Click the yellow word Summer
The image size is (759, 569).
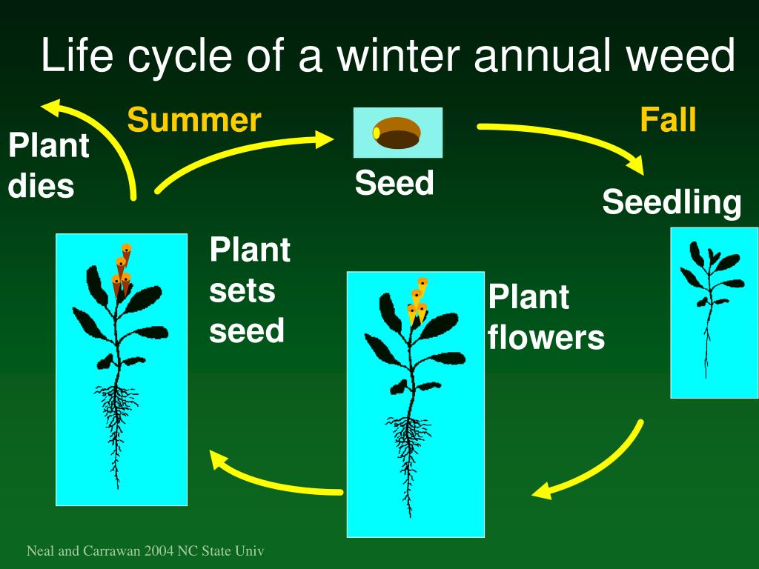(x=193, y=120)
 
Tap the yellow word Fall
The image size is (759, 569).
(x=668, y=120)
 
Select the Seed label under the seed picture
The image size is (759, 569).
(x=394, y=182)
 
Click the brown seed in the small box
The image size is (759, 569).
(x=397, y=133)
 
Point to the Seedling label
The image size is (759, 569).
(x=672, y=202)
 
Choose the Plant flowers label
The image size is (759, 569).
(x=546, y=318)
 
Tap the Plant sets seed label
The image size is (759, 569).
(x=249, y=290)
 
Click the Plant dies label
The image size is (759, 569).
(x=48, y=165)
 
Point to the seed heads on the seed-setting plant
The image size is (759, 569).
(x=122, y=270)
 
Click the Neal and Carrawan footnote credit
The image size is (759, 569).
(x=145, y=551)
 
